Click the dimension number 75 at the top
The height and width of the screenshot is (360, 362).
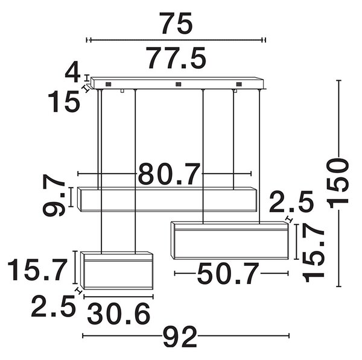pyautogui.click(x=177, y=23)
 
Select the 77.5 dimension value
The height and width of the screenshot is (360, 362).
pyautogui.click(x=177, y=58)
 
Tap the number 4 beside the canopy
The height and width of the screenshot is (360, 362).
pyautogui.click(x=72, y=73)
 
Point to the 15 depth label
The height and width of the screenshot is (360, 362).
pyautogui.click(x=64, y=101)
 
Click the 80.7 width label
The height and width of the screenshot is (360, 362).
pyautogui.click(x=169, y=174)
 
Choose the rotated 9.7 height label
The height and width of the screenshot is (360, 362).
pyautogui.click(x=54, y=195)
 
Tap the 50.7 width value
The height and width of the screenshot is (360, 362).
pyautogui.click(x=228, y=274)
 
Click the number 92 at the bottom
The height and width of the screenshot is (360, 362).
pyautogui.click(x=180, y=336)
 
